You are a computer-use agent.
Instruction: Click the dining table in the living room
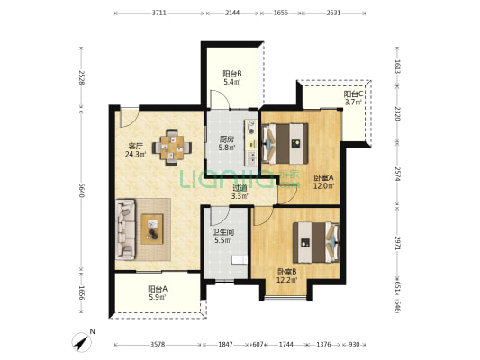click(x=172, y=148)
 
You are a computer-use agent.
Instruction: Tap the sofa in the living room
click(x=125, y=229)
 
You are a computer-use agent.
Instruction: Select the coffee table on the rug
click(x=152, y=229)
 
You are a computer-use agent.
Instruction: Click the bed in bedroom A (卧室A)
click(x=285, y=143)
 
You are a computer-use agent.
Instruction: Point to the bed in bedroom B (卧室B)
click(x=316, y=242)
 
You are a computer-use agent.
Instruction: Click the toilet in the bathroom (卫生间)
click(x=239, y=260)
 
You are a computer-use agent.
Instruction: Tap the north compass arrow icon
click(x=81, y=342)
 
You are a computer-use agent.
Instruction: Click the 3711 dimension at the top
click(x=159, y=13)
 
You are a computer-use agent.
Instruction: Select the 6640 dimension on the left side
click(x=81, y=190)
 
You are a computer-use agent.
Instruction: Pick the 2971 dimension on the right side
click(x=397, y=243)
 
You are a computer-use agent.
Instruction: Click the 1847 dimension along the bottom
click(x=226, y=345)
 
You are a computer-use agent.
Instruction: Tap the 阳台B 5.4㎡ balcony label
click(x=231, y=77)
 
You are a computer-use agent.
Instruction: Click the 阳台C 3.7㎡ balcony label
click(x=353, y=98)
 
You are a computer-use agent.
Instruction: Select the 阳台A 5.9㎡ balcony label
click(x=158, y=292)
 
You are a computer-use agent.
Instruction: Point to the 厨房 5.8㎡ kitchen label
click(x=227, y=143)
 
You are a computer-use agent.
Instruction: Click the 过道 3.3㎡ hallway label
click(x=240, y=192)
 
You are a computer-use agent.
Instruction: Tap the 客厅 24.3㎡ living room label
click(x=135, y=150)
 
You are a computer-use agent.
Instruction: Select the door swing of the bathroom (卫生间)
click(x=219, y=216)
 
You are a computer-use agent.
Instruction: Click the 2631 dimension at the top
click(x=333, y=13)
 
